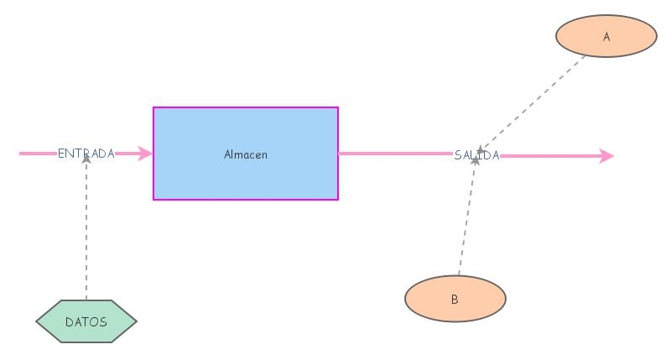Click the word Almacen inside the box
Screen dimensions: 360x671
pos(246,154)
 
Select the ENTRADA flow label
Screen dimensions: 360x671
pos(86,154)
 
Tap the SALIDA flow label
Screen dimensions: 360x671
pos(476,155)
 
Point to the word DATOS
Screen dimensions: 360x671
pos(86,321)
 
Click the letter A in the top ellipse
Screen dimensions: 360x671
pos(606,37)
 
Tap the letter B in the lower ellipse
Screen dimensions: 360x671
pos(455,299)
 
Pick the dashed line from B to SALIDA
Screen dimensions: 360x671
pos(466,218)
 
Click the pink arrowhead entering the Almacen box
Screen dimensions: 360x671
pos(147,154)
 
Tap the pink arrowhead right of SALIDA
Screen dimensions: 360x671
pos(607,156)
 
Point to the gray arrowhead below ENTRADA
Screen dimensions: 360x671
pos(86,159)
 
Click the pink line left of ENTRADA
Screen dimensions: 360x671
pos(38,154)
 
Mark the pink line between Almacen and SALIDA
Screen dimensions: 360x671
pos(394,154)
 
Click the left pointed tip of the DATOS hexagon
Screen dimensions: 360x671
pos(38,321)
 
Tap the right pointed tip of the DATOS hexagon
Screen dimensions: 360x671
pos(135,321)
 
